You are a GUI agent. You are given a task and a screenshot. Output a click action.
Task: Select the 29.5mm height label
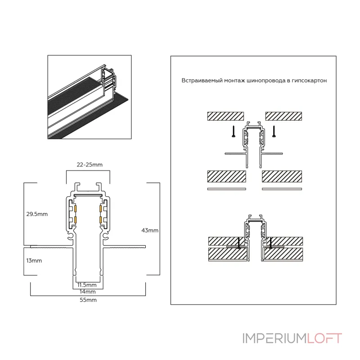(x=37, y=214)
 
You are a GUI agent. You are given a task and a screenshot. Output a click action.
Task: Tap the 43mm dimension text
(x=149, y=230)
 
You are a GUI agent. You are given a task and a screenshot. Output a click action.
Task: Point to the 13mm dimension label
(x=34, y=261)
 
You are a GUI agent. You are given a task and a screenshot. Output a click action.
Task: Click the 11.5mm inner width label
(x=86, y=285)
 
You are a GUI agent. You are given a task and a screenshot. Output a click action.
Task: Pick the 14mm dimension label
(x=86, y=291)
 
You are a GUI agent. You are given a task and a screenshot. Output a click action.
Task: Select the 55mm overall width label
(x=88, y=300)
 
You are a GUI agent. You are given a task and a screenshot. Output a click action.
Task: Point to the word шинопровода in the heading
(x=266, y=81)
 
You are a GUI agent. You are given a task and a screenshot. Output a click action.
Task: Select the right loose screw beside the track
(x=274, y=131)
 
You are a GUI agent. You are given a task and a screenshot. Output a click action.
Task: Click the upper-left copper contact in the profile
(x=76, y=209)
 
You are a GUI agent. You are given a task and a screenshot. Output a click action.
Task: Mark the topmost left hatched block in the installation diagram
(x=225, y=116)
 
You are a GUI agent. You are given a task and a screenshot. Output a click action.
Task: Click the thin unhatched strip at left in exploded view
(x=226, y=189)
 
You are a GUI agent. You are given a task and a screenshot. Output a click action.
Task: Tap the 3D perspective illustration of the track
(x=90, y=97)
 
